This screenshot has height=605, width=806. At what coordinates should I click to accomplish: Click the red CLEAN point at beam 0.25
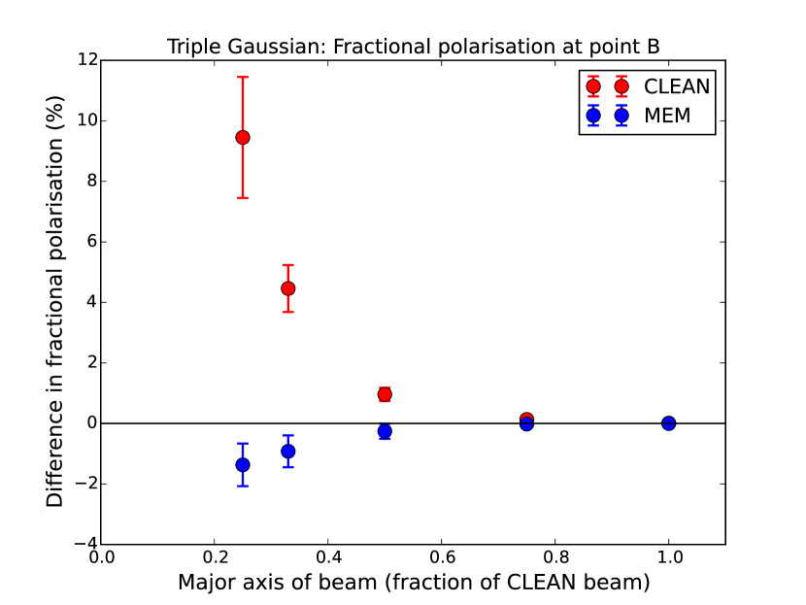(243, 137)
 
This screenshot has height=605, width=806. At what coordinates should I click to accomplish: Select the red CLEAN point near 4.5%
(287, 288)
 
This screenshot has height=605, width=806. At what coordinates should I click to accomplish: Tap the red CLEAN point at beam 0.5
(385, 394)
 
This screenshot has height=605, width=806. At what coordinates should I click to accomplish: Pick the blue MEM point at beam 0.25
(243, 465)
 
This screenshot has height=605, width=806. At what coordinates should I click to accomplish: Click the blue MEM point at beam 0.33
(287, 452)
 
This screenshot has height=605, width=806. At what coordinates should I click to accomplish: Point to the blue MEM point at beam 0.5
(385, 431)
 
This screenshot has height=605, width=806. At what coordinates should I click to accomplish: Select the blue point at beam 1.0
(668, 423)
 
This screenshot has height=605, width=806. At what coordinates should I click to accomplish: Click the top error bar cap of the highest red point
(243, 77)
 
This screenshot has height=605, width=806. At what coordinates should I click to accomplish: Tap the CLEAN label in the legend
(677, 86)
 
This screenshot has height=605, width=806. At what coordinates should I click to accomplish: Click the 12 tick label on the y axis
(85, 60)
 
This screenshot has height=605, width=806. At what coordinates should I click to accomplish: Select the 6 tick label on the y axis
(89, 242)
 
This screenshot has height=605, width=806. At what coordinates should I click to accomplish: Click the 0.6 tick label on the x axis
(441, 558)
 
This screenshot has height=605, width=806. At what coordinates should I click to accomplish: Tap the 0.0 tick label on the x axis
(101, 558)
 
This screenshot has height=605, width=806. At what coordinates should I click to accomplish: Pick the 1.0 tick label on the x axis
(668, 558)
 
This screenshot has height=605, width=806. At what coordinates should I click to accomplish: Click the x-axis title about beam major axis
(413, 584)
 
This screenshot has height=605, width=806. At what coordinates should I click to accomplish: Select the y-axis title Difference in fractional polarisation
(55, 301)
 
